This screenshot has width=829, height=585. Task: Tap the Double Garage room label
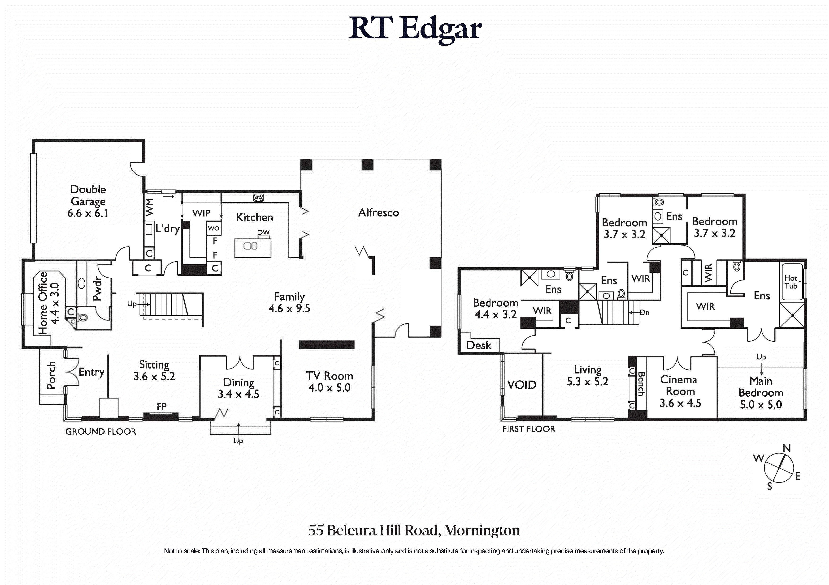tap(88, 195)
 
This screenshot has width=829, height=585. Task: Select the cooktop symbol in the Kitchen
tap(259, 197)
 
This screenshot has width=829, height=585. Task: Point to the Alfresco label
tap(378, 212)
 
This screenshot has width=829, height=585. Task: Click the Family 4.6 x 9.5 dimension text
tap(289, 308)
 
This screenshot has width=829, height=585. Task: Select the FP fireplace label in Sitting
tap(162, 407)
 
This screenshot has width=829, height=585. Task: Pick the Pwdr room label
tap(97, 288)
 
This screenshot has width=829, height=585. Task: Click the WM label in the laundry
tap(149, 207)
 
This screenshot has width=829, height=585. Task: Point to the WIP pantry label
tap(201, 213)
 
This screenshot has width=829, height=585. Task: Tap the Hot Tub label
tap(791, 282)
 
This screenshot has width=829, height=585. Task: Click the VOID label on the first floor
tap(522, 385)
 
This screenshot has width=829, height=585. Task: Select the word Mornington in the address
tap(482, 530)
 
